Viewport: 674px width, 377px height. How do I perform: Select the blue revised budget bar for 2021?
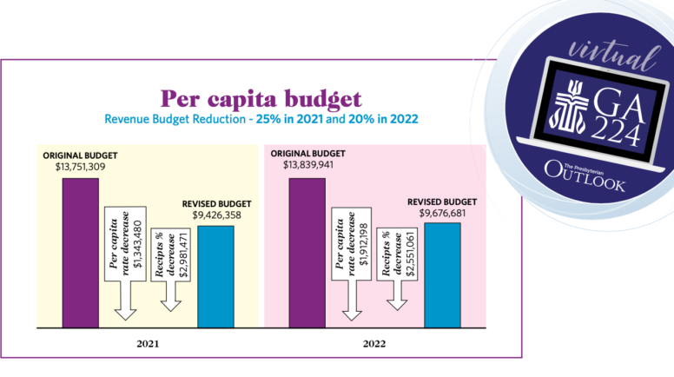215,276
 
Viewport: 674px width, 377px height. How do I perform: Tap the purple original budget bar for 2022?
307,252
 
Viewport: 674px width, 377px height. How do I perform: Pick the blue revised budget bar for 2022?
442,275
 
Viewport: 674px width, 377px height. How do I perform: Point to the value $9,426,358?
215,216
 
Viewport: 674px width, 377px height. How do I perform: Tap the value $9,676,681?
442,213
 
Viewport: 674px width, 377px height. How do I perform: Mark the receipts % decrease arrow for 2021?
169,269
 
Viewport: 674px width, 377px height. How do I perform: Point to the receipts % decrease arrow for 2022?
398,269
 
